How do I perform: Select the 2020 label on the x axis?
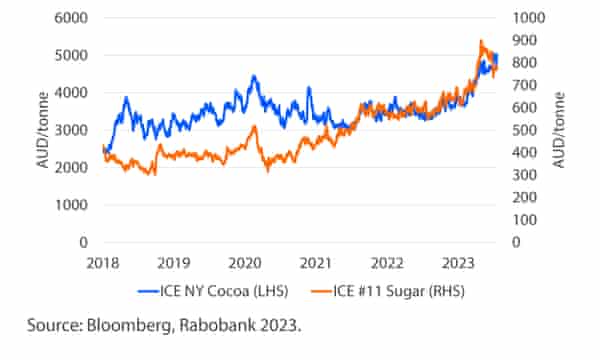point(245,263)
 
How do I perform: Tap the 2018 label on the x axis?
point(102,263)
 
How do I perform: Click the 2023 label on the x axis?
point(459,263)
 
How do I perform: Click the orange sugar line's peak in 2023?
point(481,42)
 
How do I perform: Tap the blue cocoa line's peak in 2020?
point(254,76)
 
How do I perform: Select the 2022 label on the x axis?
point(388,263)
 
